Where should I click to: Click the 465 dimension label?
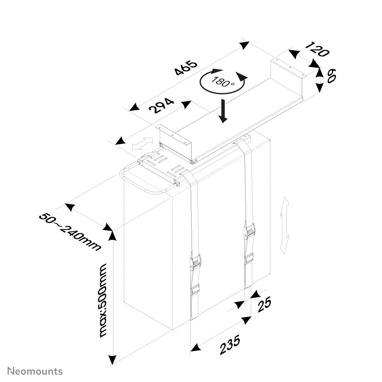click(x=186, y=68)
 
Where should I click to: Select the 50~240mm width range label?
click(x=70, y=232)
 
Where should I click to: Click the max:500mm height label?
click(x=103, y=301)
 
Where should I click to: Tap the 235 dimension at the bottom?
click(x=230, y=345)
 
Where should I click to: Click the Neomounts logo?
click(x=35, y=371)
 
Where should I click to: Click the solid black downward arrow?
click(x=223, y=111)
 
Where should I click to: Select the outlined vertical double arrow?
click(x=285, y=226)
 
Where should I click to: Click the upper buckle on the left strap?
click(x=196, y=262)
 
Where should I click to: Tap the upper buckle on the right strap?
click(x=250, y=231)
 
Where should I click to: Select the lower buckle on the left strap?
click(x=195, y=290)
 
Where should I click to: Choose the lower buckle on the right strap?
click(x=249, y=259)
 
